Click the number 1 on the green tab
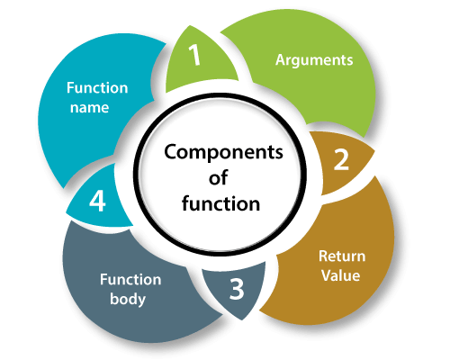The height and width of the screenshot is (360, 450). tap(195, 55)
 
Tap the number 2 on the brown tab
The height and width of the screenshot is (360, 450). tap(342, 159)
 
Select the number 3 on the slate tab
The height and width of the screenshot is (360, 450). tap(237, 289)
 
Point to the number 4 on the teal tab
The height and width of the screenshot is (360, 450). tap(97, 201)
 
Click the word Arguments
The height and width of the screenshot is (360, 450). tap(314, 60)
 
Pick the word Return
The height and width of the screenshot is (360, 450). tap(342, 256)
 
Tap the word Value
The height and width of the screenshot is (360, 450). tap(341, 275)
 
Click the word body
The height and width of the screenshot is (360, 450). tap(128, 300)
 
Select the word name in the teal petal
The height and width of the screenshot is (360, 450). tap(89, 108)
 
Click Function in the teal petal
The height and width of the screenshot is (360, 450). tap(97, 88)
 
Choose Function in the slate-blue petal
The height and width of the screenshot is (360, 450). tap(130, 280)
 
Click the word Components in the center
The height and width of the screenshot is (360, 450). tap(223, 153)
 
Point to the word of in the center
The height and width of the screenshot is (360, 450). tap(218, 177)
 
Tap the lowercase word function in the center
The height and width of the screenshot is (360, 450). tap(220, 203)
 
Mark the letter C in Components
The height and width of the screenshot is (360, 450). tap(171, 151)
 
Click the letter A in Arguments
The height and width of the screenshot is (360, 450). tap(281, 59)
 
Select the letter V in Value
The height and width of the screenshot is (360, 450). tap(327, 275)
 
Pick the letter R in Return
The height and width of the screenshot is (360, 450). tap(323, 256)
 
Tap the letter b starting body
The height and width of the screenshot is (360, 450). tap(114, 299)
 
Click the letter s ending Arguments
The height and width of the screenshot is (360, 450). tap(349, 61)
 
